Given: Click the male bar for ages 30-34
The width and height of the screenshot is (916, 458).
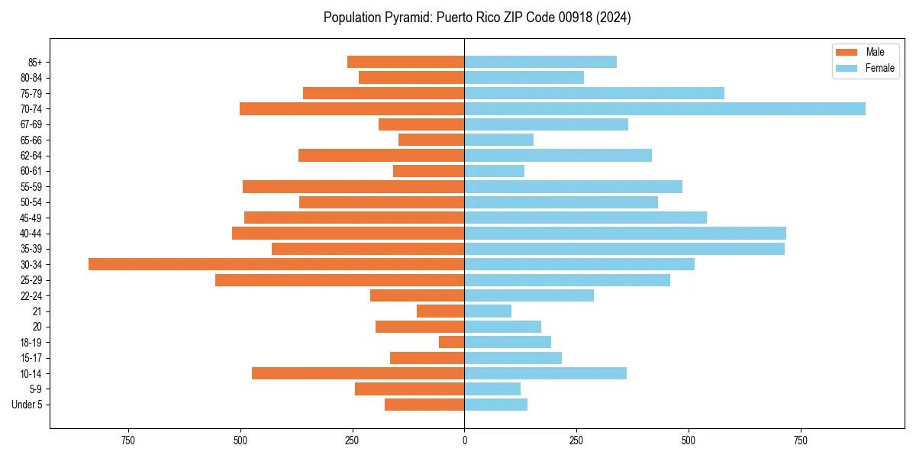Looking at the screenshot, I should click(x=276, y=264).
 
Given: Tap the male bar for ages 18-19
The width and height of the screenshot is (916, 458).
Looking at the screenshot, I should click(x=452, y=342).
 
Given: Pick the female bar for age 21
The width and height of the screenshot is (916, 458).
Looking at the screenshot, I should click(x=488, y=311).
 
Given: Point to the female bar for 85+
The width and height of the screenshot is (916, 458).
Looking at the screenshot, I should click(x=540, y=62).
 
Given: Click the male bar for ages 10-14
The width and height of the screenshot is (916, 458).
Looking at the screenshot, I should click(x=358, y=373).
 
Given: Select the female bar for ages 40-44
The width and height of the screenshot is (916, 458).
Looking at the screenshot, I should click(x=625, y=233).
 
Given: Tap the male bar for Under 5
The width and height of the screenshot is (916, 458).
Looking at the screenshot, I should click(x=424, y=405).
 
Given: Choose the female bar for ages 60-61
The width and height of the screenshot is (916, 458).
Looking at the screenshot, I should click(x=495, y=171).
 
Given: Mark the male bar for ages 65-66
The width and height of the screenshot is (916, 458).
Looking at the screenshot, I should click(x=431, y=140).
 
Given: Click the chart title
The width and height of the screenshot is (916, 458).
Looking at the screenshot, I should click(x=477, y=18).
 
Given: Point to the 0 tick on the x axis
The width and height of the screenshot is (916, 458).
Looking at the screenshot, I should click(x=464, y=440).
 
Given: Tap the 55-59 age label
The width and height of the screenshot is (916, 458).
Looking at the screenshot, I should click(x=31, y=186).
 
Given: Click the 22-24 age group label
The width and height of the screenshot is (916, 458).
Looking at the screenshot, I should click(x=31, y=295).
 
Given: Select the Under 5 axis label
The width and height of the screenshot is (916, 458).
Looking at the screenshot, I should click(x=27, y=405).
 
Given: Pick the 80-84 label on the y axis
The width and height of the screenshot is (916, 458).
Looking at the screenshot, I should click(x=31, y=77).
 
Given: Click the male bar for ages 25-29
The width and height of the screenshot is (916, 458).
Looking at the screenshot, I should click(x=340, y=280).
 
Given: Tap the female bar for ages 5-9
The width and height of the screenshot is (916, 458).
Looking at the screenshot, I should click(x=492, y=389).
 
